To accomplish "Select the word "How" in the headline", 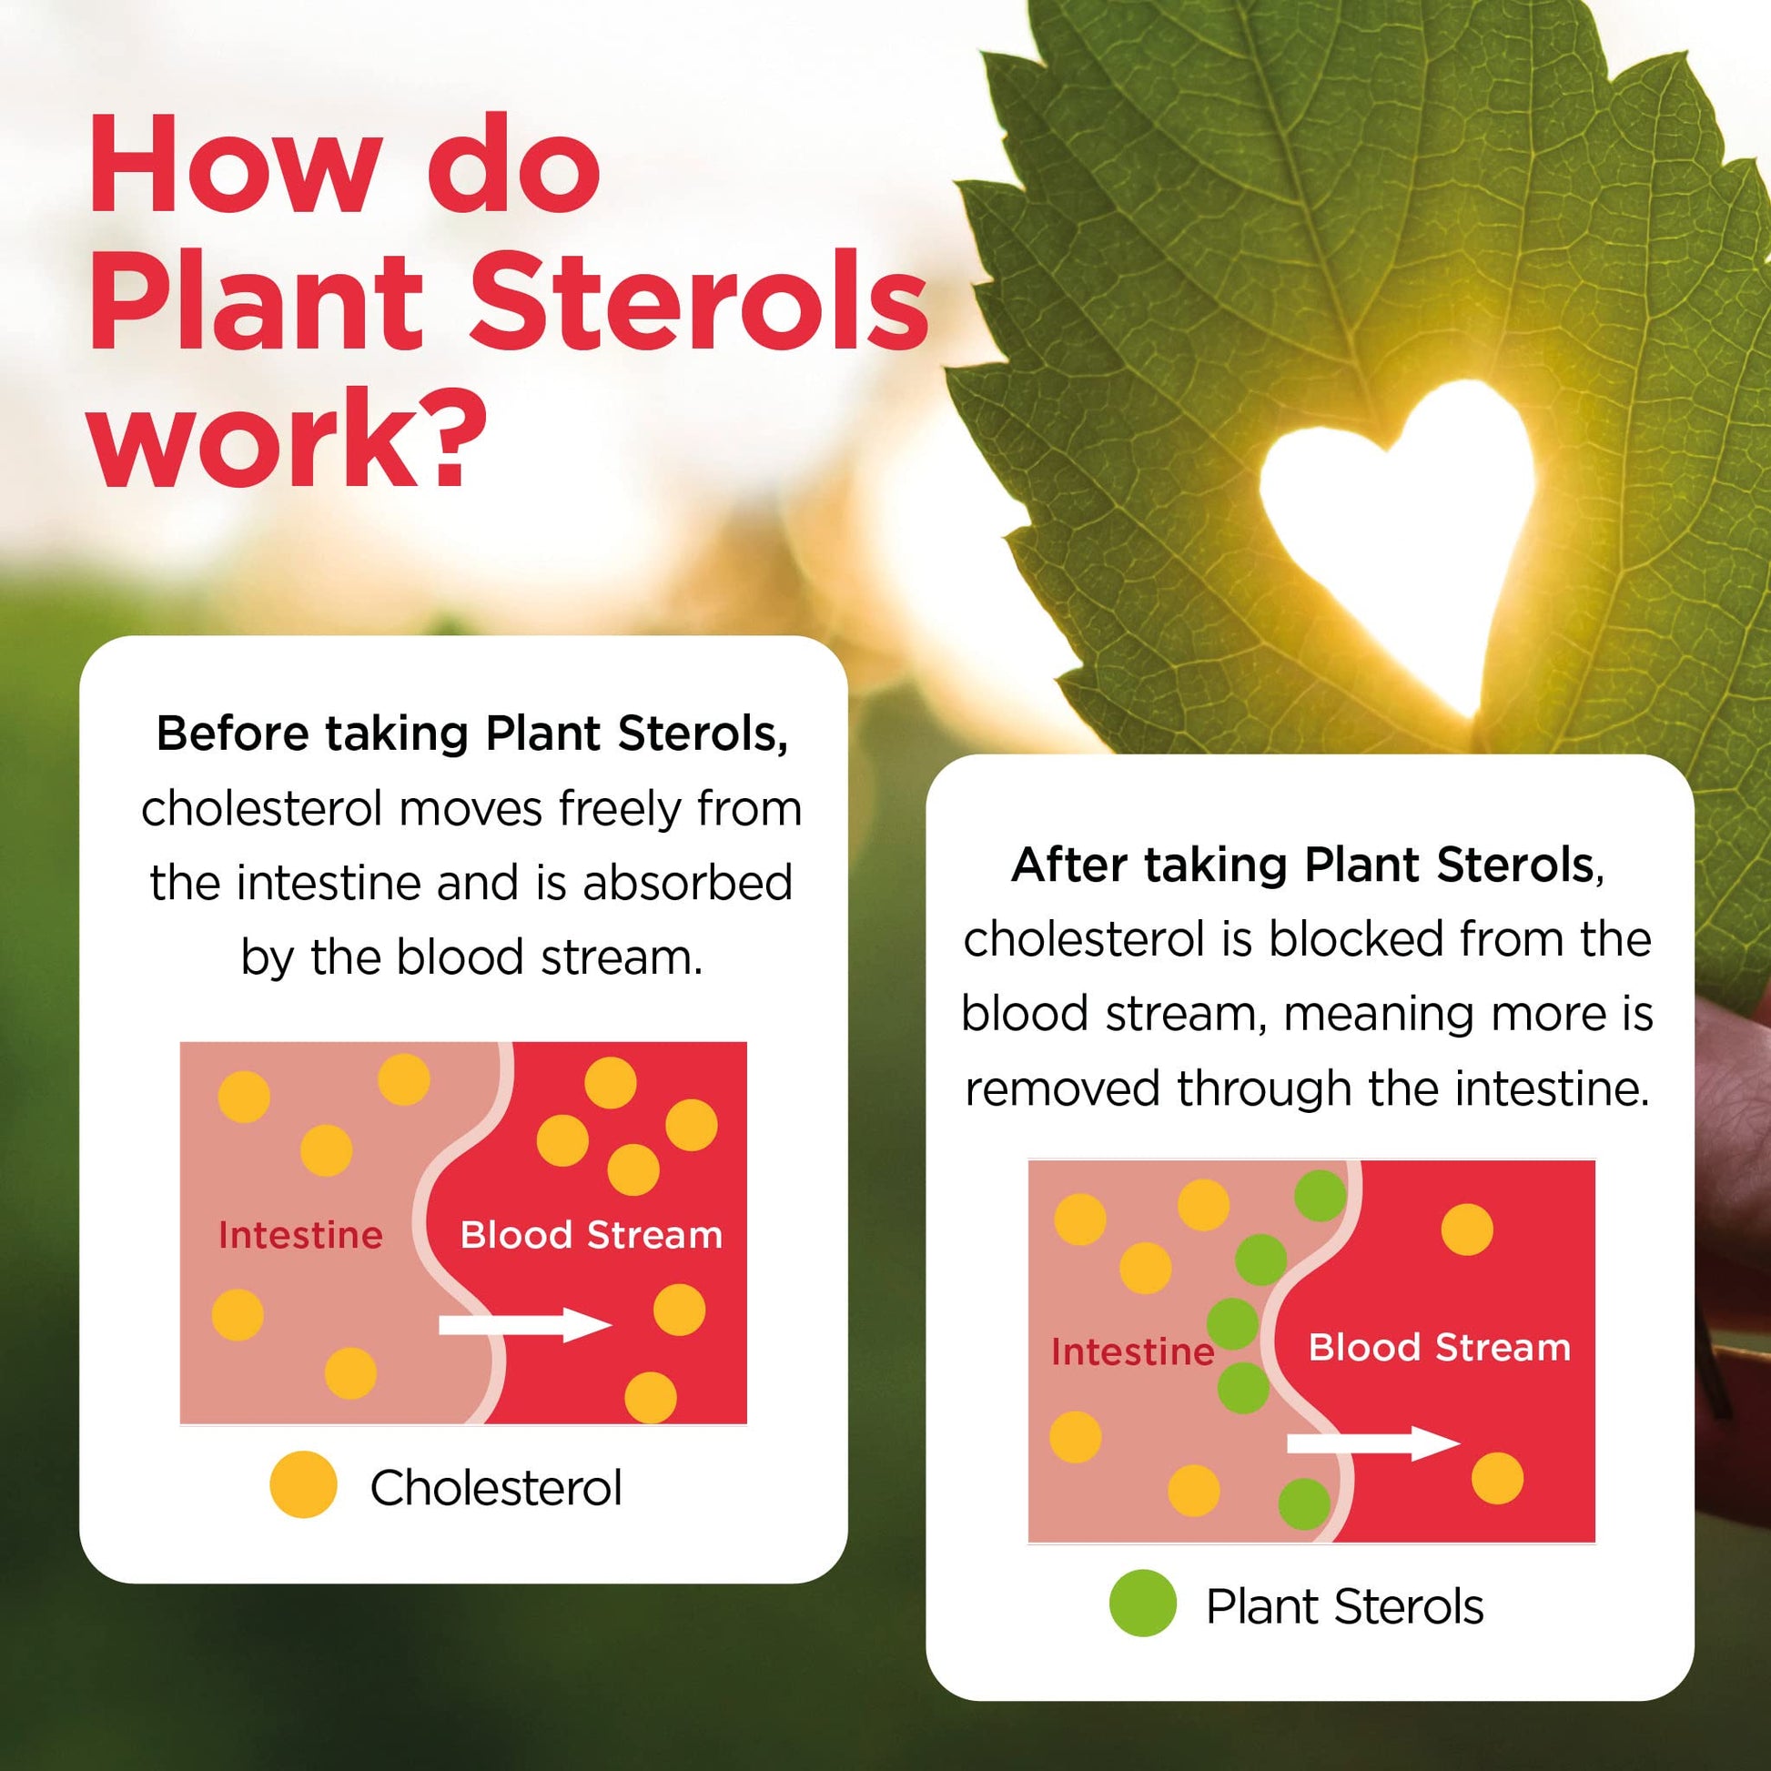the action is [233, 166].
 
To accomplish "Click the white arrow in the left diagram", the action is [525, 1324].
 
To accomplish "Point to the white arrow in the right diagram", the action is [1373, 1443].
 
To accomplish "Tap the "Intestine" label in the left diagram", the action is [300, 1236].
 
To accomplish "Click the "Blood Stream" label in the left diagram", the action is [592, 1236].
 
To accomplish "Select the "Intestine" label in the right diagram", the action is [1133, 1352].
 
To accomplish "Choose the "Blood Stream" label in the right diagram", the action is [1439, 1348].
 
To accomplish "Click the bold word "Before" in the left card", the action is [233, 734].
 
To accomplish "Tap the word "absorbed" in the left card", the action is [687, 883].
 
